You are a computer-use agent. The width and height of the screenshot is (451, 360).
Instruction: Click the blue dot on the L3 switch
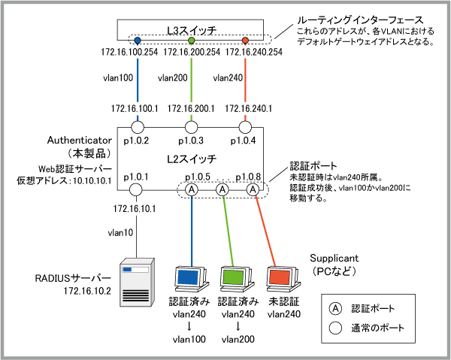coord(137,39)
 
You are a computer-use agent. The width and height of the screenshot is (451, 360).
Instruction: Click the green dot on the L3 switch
coord(192,39)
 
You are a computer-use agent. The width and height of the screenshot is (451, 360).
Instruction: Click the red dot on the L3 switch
coord(246,39)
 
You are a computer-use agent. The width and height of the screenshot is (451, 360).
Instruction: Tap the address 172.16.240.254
coord(253,52)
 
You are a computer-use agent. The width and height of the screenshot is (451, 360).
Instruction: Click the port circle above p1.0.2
coord(137,126)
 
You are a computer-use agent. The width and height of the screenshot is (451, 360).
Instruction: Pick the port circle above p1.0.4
coord(246,126)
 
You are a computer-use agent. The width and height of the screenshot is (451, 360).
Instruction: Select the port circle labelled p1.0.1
coord(137,190)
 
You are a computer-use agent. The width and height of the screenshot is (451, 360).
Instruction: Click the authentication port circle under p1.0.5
coord(192,190)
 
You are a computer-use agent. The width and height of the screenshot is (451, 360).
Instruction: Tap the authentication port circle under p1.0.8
coord(253,190)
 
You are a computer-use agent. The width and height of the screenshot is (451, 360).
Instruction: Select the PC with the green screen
coord(235,279)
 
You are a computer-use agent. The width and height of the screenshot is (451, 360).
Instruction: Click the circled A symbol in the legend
coord(337,308)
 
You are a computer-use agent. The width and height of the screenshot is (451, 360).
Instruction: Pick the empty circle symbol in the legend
coord(337,328)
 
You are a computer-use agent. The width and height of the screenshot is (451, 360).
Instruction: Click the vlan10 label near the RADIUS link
coord(120,233)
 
